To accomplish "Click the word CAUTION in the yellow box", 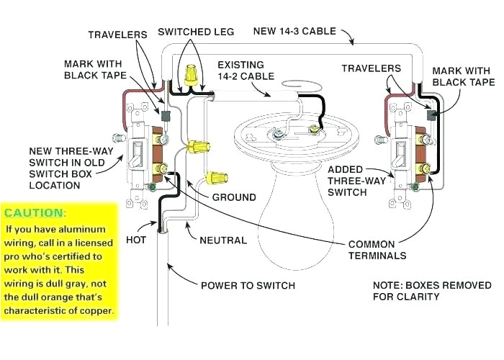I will [33, 214].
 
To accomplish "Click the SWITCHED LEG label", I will [193, 32].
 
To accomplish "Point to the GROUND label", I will [233, 197].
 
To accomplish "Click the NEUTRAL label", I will [224, 240].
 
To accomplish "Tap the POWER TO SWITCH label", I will [248, 286].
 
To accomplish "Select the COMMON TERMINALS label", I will [377, 250].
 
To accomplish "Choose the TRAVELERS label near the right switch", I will [371, 68].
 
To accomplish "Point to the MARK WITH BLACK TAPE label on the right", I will [461, 77].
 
